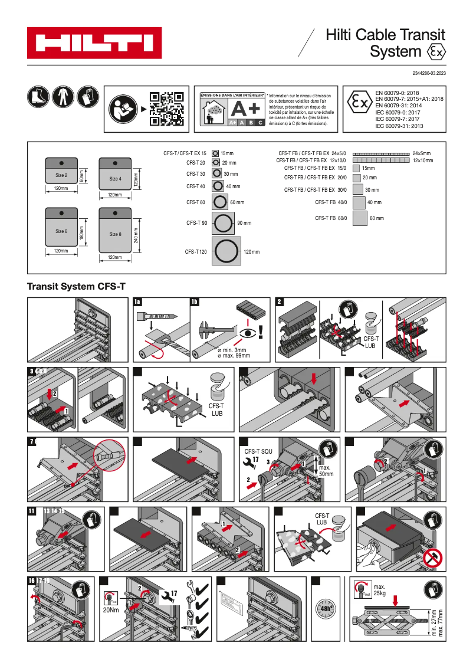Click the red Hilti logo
[x=94, y=43]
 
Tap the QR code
[x=166, y=109]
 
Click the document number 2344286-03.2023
[x=425, y=73]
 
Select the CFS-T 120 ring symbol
[x=226, y=252]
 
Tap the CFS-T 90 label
[x=196, y=223]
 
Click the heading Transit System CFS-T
[x=76, y=287]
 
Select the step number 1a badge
[x=138, y=302]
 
